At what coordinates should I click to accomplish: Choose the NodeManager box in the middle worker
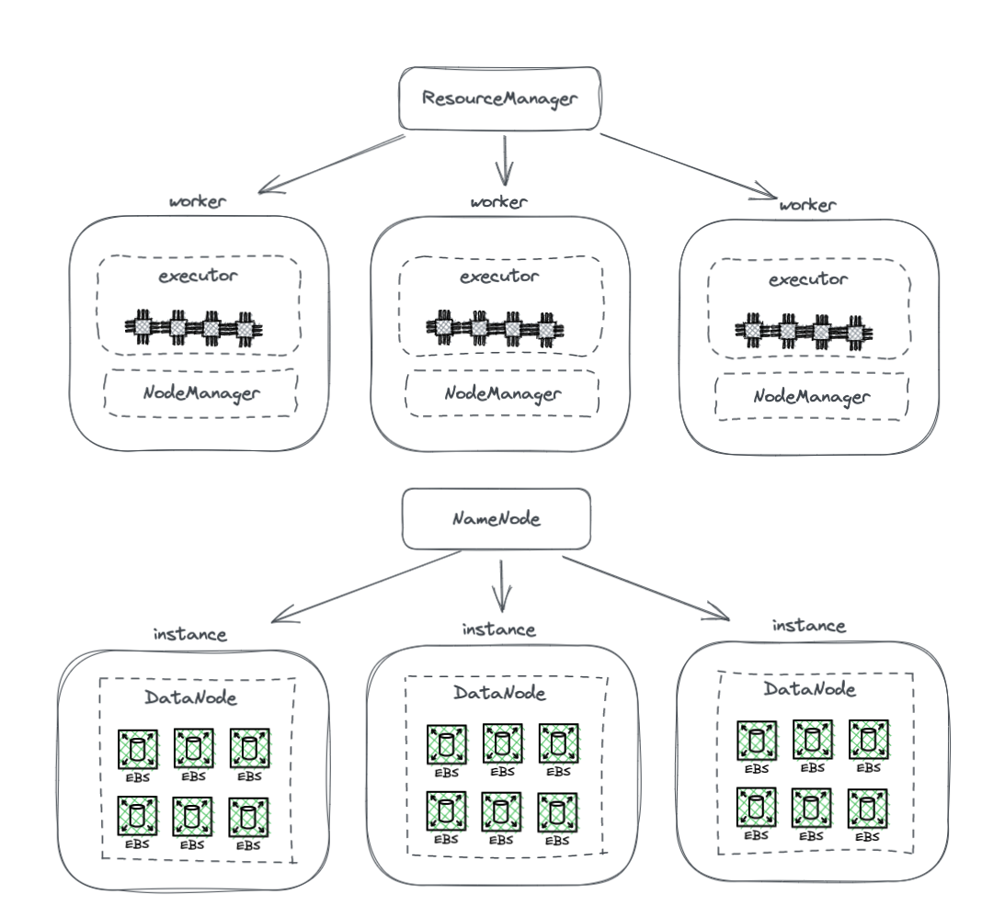click(501, 394)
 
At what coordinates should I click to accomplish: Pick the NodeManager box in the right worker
click(811, 398)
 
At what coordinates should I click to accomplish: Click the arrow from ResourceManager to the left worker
click(331, 165)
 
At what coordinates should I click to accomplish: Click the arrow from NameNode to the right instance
click(644, 586)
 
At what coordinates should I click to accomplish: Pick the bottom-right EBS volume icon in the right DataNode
click(867, 810)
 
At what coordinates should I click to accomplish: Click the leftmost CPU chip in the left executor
click(143, 327)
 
